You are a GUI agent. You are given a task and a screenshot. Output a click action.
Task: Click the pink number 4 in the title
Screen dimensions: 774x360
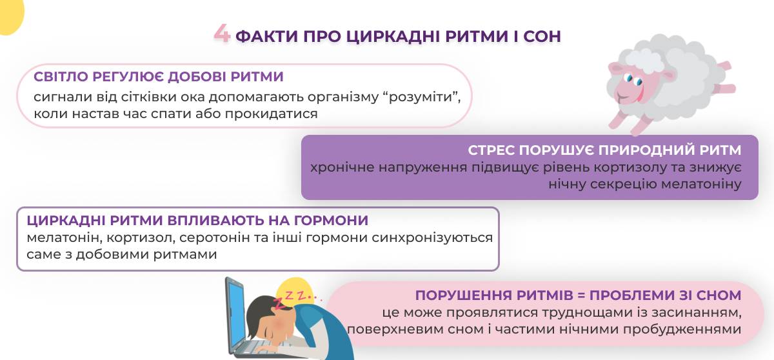(x=222, y=34)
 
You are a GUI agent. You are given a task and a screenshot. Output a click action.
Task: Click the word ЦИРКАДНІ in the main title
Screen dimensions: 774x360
(x=392, y=36)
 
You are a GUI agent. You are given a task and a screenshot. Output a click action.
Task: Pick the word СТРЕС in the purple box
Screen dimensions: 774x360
(x=491, y=150)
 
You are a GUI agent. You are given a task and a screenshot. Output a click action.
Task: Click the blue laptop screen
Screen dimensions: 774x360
(x=236, y=314)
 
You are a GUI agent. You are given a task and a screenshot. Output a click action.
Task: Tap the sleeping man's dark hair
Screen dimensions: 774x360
(x=260, y=312)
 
